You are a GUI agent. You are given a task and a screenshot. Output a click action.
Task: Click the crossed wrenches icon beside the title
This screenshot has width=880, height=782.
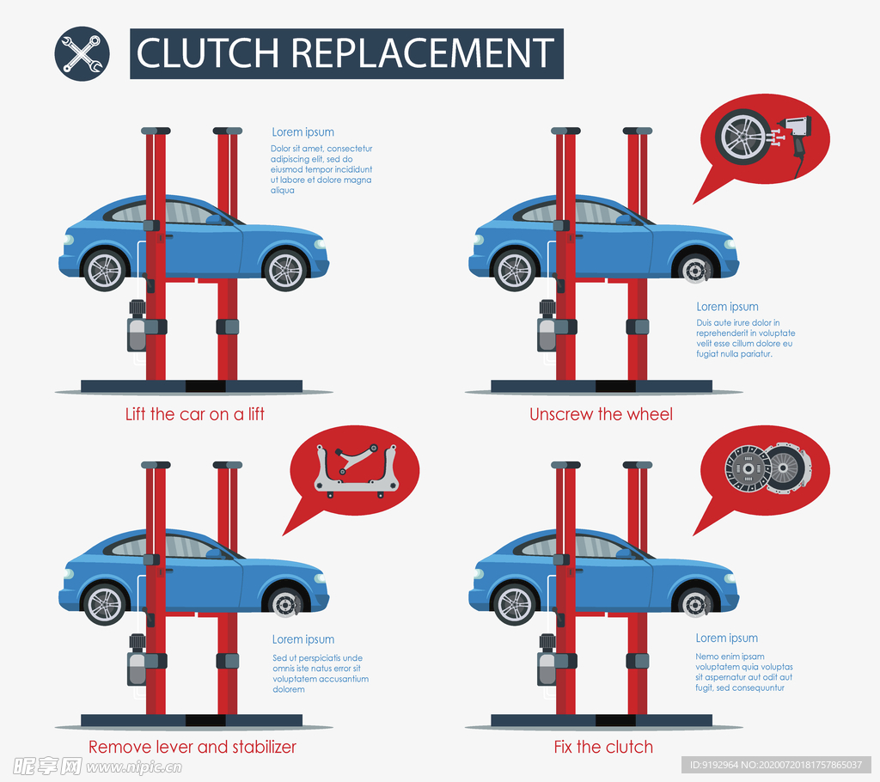coord(82,53)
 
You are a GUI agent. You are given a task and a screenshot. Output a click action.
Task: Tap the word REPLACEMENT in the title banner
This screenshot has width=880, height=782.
coord(422,53)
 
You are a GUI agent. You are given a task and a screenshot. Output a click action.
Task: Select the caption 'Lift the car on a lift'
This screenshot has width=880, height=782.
coord(195,414)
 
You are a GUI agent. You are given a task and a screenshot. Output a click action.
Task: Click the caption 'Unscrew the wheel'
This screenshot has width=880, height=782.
coord(601,414)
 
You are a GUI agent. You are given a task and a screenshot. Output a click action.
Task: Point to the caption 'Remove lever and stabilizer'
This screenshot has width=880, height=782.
coord(192,747)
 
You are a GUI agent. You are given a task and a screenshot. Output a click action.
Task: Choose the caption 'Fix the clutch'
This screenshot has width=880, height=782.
coord(603,747)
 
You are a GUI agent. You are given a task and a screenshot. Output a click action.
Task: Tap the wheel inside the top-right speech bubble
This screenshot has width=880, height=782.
coord(743,136)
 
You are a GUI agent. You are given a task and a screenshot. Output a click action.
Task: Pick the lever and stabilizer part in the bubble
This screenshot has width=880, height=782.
coord(355,469)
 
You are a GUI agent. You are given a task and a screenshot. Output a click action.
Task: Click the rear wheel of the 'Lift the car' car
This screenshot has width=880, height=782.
coord(105,270)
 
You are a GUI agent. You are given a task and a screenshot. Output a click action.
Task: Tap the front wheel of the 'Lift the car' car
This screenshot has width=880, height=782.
coord(285,270)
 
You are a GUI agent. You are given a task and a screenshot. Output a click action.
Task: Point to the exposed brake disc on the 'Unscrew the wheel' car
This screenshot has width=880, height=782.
coord(694,270)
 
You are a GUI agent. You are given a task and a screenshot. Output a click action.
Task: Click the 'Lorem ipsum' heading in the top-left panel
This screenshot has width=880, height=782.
coord(302,132)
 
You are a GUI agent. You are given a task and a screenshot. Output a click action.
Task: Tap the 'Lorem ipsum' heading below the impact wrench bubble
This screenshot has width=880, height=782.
coord(727,307)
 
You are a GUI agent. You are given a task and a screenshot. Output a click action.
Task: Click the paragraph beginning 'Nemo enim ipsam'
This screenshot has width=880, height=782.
coord(743,672)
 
